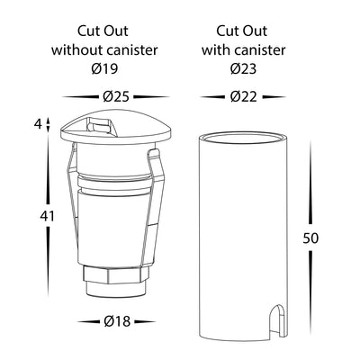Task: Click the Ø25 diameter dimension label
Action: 116,96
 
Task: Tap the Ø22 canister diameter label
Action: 244,96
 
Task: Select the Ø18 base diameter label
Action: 117,321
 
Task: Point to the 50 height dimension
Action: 310,238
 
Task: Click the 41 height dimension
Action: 48,216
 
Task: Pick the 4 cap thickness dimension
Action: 38,123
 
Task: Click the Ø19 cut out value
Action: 104,68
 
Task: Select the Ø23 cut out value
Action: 243,68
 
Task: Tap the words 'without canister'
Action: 104,49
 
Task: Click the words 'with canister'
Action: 243,49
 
